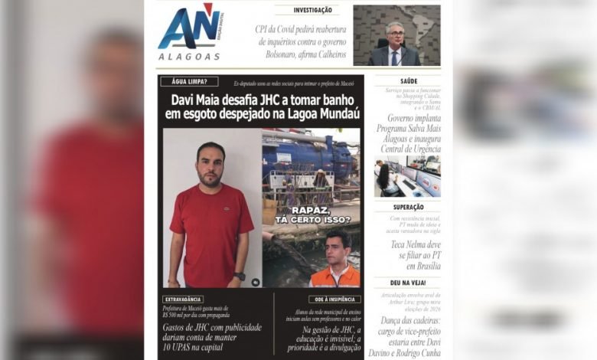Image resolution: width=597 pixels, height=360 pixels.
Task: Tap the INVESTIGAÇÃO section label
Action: tap(316, 10)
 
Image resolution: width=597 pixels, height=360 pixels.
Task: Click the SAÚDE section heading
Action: tap(408, 80)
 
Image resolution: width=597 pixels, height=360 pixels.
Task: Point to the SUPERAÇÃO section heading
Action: tap(408, 207)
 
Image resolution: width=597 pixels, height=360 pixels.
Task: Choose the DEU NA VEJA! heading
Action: tap(408, 283)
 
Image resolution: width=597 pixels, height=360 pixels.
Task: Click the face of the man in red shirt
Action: tap(210, 163)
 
